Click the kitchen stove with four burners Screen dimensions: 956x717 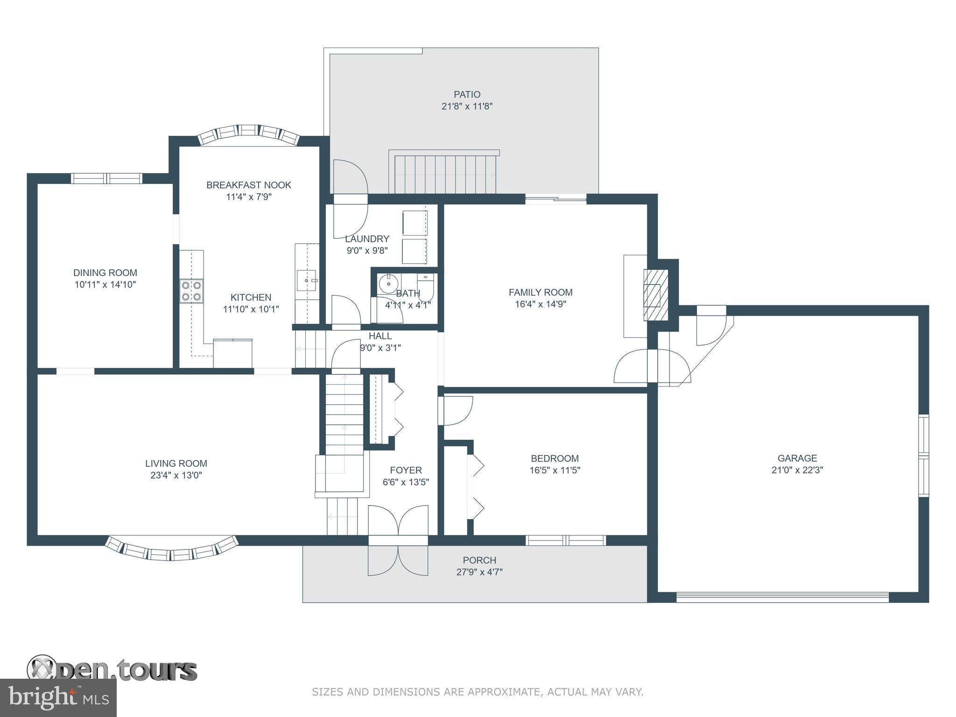tap(191, 291)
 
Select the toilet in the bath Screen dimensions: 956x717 tap(426, 287)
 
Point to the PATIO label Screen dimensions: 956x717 tap(467, 95)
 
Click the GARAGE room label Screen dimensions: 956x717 tap(797, 458)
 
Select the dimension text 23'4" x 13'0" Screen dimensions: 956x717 tap(176, 475)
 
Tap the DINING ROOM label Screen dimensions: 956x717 tap(105, 273)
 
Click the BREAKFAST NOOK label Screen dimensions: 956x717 tap(249, 185)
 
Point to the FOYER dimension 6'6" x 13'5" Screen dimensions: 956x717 tap(406, 482)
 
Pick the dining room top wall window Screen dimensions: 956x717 tap(106, 178)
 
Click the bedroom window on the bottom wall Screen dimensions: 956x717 tap(566, 541)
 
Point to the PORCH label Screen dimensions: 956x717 tap(479, 560)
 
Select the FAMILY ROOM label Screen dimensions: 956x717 tap(541, 293)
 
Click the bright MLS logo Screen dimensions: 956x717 tap(58, 698)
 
